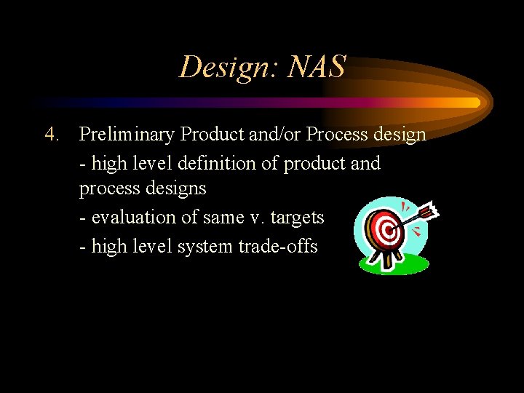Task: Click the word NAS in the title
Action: [317, 68]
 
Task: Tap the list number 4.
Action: [51, 135]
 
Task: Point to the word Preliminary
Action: [127, 135]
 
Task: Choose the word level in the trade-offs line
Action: [152, 247]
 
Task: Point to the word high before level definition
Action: [109, 163]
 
